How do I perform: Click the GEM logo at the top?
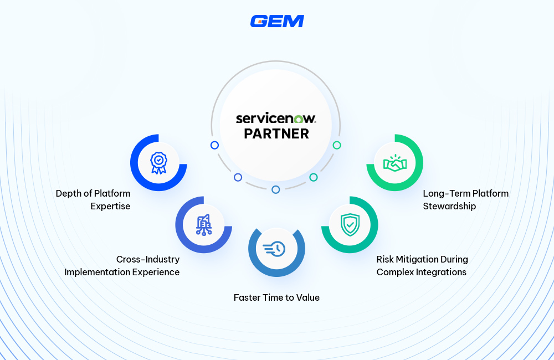pyautogui.click(x=277, y=21)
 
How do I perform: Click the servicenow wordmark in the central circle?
pyautogui.click(x=276, y=118)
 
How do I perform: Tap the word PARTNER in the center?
pyautogui.click(x=276, y=133)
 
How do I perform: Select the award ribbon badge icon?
pyautogui.click(x=158, y=163)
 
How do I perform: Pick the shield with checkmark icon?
pyautogui.click(x=350, y=224)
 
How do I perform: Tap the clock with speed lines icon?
pyautogui.click(x=276, y=249)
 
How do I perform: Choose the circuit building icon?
pyautogui.click(x=203, y=224)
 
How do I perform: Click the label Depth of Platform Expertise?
pyautogui.click(x=93, y=200)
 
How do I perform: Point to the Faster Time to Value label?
pyautogui.click(x=276, y=297)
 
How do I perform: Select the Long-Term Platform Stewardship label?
pyautogui.click(x=465, y=200)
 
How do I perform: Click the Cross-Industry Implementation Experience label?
pyautogui.click(x=122, y=266)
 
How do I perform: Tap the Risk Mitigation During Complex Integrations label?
pyautogui.click(x=422, y=266)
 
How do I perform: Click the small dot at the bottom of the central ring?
pyautogui.click(x=276, y=189)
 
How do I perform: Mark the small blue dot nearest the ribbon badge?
pyautogui.click(x=214, y=145)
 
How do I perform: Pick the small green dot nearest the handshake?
pyautogui.click(x=337, y=145)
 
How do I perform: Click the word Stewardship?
pyautogui.click(x=449, y=207)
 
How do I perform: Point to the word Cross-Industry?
pyautogui.click(x=148, y=259)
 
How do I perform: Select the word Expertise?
pyautogui.click(x=110, y=207)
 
